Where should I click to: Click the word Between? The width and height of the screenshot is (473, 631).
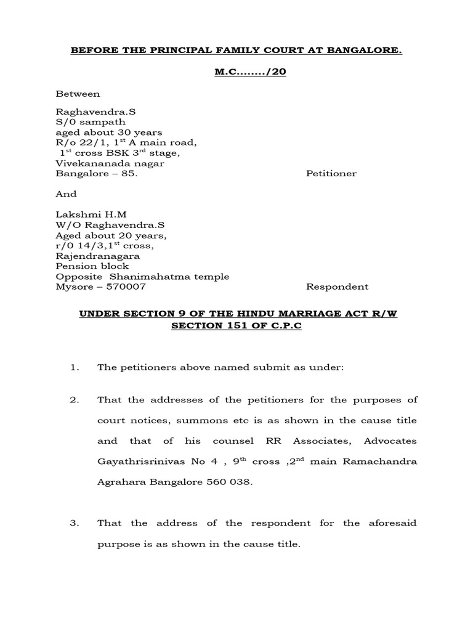click(78, 94)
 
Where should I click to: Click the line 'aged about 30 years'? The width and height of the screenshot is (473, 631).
click(109, 132)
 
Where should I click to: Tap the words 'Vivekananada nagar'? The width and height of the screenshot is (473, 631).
click(110, 163)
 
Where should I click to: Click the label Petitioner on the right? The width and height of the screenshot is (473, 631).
click(331, 174)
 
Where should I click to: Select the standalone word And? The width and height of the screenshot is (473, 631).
click(67, 194)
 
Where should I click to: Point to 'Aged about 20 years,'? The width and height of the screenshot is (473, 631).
click(111, 235)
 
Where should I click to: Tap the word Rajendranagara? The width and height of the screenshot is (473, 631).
click(98, 256)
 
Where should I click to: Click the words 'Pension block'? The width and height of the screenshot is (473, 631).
click(92, 266)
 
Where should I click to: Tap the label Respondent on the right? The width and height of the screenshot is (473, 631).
click(337, 287)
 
